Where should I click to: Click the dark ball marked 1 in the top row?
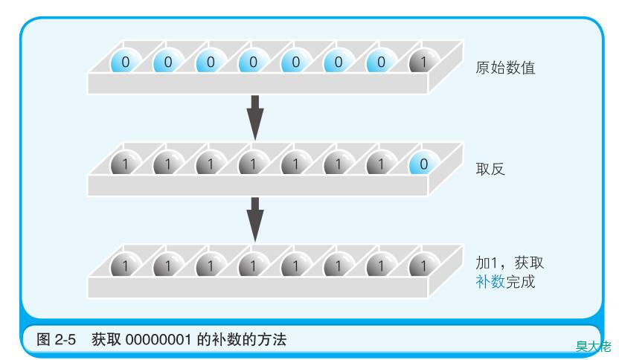tap(424, 62)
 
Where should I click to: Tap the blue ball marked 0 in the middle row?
tap(424, 164)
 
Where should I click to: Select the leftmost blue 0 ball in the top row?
tap(126, 62)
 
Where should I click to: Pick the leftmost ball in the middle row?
tap(126, 164)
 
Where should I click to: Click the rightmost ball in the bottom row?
tap(424, 266)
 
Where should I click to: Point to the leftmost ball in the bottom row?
tap(126, 266)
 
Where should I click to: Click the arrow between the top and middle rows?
tap(255, 118)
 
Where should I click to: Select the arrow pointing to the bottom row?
tap(255, 219)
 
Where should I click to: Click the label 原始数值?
tap(505, 68)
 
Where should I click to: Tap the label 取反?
tap(490, 169)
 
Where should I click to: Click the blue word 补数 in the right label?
tap(490, 282)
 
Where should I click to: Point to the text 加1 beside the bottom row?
tap(486, 263)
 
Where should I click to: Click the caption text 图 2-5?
tap(56, 339)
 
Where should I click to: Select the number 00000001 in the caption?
tap(158, 339)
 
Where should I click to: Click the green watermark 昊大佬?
tap(594, 346)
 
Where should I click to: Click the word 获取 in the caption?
tap(106, 339)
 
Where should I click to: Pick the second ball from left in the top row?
tap(169, 62)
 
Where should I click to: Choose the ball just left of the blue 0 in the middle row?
tap(382, 164)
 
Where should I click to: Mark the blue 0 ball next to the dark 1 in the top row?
tap(382, 62)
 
